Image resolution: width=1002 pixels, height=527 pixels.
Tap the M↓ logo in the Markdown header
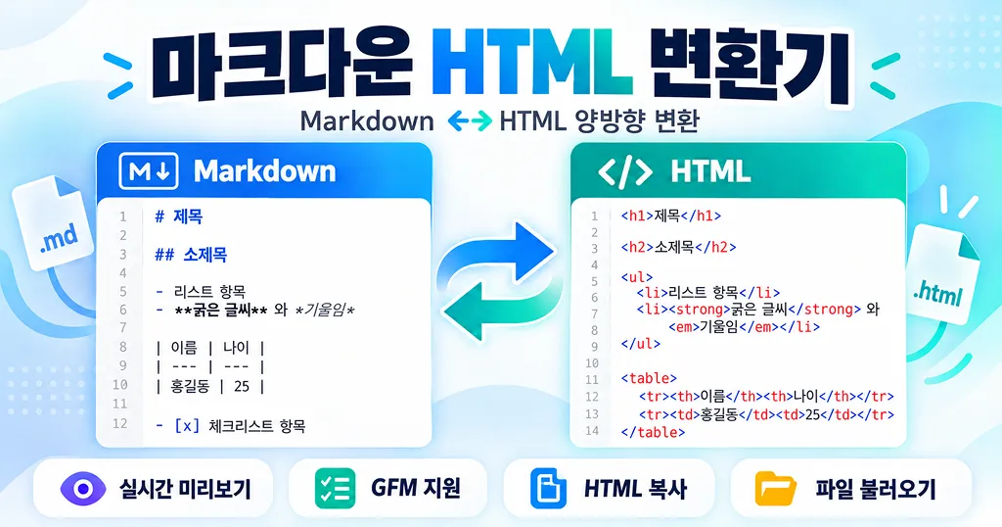(149, 170)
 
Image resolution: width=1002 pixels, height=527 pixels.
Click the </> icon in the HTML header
(625, 171)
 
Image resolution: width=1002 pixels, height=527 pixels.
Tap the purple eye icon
(83, 489)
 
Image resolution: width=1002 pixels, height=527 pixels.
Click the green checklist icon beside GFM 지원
(335, 489)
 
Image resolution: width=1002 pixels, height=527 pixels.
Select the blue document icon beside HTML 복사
(548, 489)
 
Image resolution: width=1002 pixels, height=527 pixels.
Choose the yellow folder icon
(775, 489)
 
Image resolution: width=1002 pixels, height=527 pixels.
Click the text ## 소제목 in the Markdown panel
(191, 255)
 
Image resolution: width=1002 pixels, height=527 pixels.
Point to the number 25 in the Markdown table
(242, 386)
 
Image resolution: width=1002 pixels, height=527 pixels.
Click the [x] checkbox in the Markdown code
(187, 425)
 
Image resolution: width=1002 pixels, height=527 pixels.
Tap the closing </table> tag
(653, 432)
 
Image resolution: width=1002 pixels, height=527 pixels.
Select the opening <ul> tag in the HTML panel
(636, 277)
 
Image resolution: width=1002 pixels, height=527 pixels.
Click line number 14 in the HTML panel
(592, 430)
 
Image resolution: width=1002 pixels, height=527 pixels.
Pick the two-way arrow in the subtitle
(470, 120)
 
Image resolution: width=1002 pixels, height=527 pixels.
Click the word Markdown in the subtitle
(367, 120)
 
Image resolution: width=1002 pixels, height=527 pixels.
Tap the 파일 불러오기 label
(876, 489)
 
